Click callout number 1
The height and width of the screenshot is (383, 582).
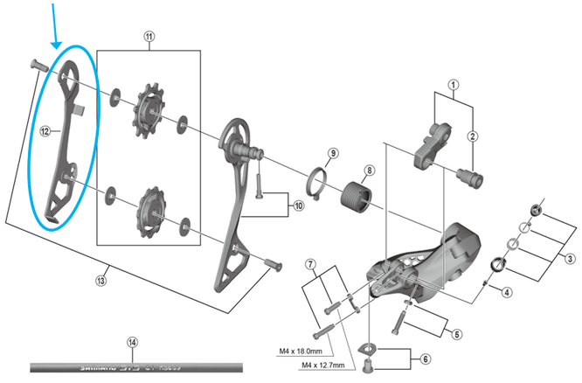pyautogui.click(x=454, y=85)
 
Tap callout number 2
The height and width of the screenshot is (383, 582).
pyautogui.click(x=473, y=135)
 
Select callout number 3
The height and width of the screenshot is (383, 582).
pyautogui.click(x=570, y=258)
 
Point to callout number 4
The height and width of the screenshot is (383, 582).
pyautogui.click(x=506, y=292)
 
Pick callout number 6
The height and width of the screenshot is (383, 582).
pyautogui.click(x=426, y=358)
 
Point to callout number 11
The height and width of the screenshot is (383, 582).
pyautogui.click(x=149, y=37)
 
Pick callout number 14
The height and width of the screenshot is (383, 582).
pyautogui.click(x=132, y=343)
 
